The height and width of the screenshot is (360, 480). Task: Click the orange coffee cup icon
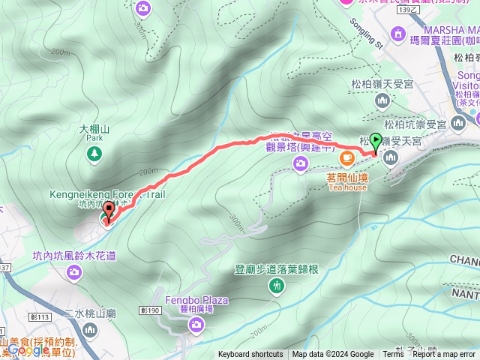347,157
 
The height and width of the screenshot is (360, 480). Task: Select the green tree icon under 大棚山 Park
94,154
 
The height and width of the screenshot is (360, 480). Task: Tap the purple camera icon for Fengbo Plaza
196,324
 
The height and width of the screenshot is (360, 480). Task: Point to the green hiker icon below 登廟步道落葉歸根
277,286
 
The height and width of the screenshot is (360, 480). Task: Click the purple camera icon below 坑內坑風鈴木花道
73,271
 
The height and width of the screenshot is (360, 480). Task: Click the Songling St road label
367,34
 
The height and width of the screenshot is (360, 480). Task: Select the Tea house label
347,187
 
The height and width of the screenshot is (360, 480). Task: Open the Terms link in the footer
393,355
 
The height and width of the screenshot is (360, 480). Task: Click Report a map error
444,355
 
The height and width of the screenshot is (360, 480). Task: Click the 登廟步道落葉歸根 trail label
277,269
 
